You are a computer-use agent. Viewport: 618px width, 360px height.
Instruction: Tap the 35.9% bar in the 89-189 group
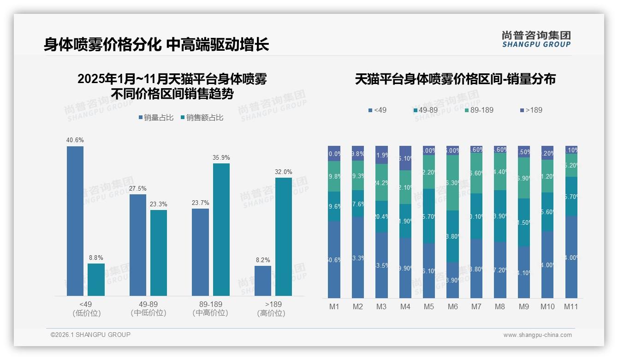(x=221, y=229)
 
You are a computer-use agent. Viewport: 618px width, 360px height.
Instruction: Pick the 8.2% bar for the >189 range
(x=263, y=281)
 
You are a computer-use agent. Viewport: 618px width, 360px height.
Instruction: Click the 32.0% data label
(x=284, y=172)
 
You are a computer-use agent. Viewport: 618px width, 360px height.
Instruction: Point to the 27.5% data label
(x=138, y=188)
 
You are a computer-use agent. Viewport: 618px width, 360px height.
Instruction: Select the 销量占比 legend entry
(x=156, y=118)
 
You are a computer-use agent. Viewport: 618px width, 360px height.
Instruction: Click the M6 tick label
(x=452, y=306)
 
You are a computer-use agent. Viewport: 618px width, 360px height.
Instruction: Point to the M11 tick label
(x=571, y=306)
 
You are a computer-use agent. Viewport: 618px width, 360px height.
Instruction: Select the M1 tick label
(x=334, y=306)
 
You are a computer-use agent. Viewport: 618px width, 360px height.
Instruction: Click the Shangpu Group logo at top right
(x=536, y=39)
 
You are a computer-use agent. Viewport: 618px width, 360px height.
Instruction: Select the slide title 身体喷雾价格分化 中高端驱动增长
(x=156, y=44)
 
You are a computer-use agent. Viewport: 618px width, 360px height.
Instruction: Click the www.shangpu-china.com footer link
(x=537, y=335)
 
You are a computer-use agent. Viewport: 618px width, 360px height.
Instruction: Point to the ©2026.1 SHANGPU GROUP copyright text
(x=90, y=335)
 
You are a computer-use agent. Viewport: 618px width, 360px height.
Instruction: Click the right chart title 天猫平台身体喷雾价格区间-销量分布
(x=455, y=79)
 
